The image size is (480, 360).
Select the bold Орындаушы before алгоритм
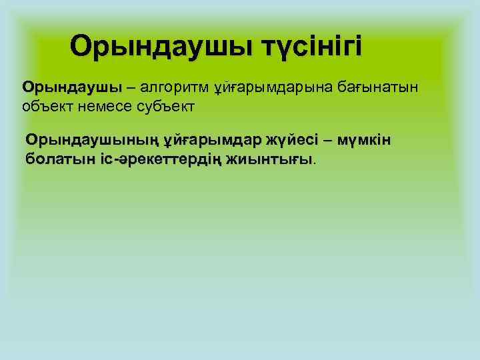click(x=72, y=88)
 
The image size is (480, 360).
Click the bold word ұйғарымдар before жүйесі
click(x=210, y=141)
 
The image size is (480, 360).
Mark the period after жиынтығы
click(x=315, y=162)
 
